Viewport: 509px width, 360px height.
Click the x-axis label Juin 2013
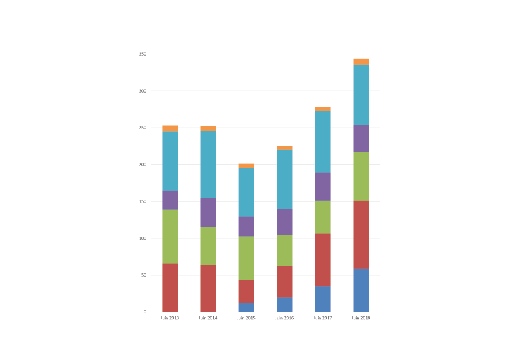point(170,318)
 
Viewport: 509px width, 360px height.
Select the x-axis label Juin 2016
point(284,318)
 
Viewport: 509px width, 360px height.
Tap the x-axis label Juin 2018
point(361,318)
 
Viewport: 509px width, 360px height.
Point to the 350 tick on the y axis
point(142,54)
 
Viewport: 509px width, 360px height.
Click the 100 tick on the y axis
point(142,238)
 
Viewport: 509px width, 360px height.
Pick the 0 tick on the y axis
point(144,312)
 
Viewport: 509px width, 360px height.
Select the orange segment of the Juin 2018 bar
point(361,62)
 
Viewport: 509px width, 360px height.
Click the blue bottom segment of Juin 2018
point(361,290)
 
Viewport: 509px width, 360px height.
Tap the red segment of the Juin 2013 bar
point(170,287)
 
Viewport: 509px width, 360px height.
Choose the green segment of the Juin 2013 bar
point(170,237)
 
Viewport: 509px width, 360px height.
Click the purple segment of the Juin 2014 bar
point(208,212)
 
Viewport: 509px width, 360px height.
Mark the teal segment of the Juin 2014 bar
point(208,164)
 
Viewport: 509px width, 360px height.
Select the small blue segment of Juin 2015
point(246,307)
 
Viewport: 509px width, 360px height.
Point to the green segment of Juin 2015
point(246,258)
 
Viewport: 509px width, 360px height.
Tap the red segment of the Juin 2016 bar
point(284,281)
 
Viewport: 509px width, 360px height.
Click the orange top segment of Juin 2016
point(284,148)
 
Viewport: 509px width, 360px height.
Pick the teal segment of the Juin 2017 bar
point(323,142)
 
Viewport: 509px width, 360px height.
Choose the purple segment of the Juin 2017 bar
point(323,187)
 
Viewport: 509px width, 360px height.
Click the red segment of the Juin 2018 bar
point(361,235)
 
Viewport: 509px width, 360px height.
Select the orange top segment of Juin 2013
point(170,129)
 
